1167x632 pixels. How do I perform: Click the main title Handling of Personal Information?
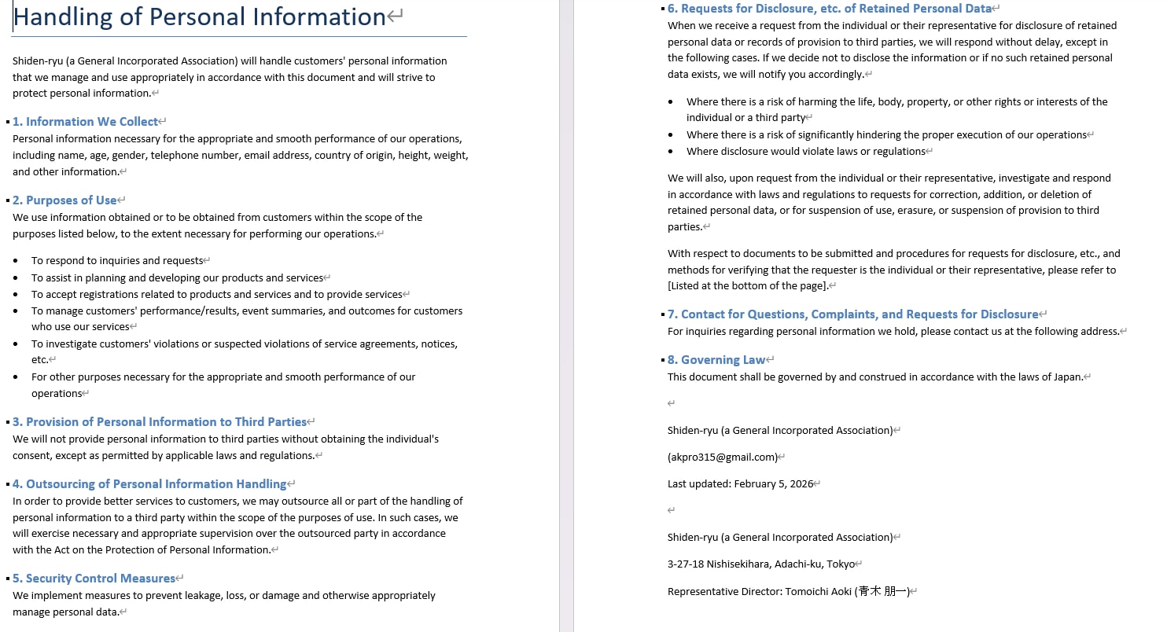tap(200, 17)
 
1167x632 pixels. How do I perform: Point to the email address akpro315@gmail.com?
tap(722, 457)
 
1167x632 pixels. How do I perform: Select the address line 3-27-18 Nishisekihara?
tap(760, 564)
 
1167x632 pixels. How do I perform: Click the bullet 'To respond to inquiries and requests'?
tap(117, 261)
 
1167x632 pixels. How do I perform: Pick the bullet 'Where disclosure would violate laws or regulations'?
tap(805, 152)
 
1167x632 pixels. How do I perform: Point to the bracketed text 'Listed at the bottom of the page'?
tap(747, 286)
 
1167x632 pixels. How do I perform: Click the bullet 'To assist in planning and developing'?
tap(177, 278)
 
